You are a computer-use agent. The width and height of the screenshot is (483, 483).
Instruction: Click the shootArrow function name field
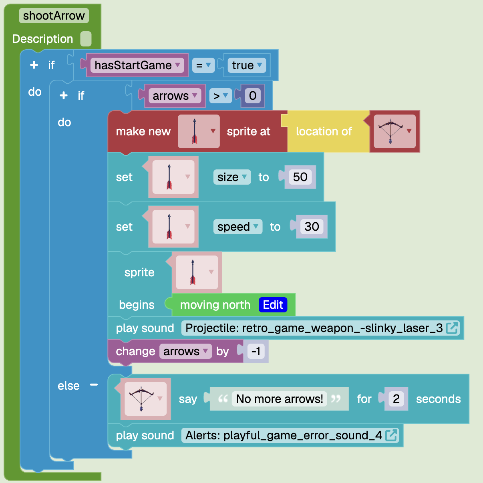click(54, 16)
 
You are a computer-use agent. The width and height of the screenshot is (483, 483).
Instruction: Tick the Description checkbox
click(86, 39)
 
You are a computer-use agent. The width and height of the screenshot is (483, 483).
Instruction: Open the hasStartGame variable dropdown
click(137, 65)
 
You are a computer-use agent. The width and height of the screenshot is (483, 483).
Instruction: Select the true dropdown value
click(247, 65)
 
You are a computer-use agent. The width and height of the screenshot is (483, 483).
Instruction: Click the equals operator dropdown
click(203, 65)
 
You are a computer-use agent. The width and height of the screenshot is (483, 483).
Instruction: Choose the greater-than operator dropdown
click(221, 96)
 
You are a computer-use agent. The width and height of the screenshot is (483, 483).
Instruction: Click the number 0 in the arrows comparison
click(253, 96)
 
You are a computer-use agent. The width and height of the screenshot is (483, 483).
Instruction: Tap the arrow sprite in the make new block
click(199, 131)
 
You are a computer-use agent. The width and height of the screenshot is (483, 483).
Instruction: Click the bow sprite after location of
click(394, 131)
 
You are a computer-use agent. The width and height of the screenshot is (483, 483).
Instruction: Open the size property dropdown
click(232, 177)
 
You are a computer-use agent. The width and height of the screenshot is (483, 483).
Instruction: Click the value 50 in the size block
click(300, 177)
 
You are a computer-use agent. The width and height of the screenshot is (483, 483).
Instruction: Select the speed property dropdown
click(237, 227)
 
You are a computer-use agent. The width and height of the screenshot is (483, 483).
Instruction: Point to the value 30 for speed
click(312, 227)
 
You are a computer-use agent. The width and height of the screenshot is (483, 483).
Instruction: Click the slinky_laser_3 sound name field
click(320, 328)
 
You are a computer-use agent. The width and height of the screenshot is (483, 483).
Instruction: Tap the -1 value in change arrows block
click(256, 351)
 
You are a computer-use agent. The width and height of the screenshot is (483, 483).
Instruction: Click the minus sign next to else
click(94, 385)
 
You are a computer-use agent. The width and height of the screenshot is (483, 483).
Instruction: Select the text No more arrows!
click(279, 399)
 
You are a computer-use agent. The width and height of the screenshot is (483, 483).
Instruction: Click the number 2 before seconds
click(396, 399)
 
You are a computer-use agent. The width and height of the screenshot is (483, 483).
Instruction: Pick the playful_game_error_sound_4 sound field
click(290, 435)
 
